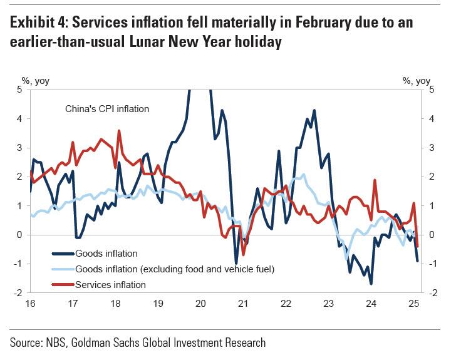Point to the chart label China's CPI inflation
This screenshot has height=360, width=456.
tap(107, 108)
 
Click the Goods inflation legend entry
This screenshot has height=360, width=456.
tap(106, 254)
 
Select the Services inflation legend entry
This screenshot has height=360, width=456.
tap(110, 284)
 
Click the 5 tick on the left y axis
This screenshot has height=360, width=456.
tap(19, 89)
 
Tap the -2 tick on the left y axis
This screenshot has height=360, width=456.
tap(18, 292)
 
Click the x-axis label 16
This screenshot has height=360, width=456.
tap(29, 304)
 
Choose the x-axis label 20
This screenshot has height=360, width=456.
tap(200, 304)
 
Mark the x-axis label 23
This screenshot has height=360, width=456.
tap(328, 304)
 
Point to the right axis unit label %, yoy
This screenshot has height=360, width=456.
tap(416, 80)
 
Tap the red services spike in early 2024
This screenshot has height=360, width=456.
tap(375, 180)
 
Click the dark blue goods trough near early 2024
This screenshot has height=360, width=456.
tap(371, 284)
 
